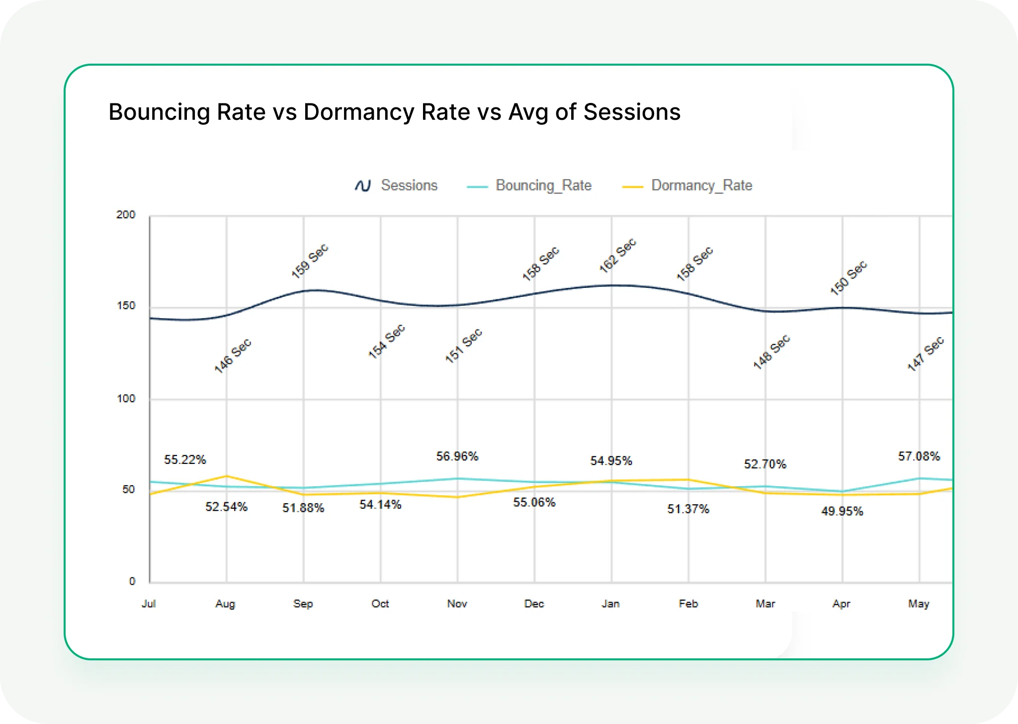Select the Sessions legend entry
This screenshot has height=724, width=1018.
point(409,185)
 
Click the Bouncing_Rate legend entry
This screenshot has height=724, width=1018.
point(543,185)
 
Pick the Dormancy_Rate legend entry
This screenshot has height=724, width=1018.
point(701,185)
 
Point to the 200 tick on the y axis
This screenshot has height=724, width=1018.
point(126,215)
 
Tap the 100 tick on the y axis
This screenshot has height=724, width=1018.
point(126,399)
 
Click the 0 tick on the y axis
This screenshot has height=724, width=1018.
point(132,581)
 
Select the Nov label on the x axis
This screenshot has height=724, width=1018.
point(457,604)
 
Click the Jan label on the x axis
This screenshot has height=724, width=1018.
point(610,604)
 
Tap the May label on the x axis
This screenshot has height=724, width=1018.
point(918,604)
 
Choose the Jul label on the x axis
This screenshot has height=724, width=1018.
point(149,604)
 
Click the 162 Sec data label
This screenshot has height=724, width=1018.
point(617,256)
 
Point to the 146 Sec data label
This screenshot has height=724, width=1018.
point(233,356)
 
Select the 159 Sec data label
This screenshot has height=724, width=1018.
point(310,261)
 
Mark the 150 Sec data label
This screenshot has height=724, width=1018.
point(848,277)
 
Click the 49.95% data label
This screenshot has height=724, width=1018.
point(842,511)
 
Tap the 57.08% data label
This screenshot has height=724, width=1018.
point(919,456)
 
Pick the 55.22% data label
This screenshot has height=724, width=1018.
point(185,460)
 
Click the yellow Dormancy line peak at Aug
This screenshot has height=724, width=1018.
point(227,476)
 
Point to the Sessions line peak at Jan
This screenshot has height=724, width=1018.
point(612,285)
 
